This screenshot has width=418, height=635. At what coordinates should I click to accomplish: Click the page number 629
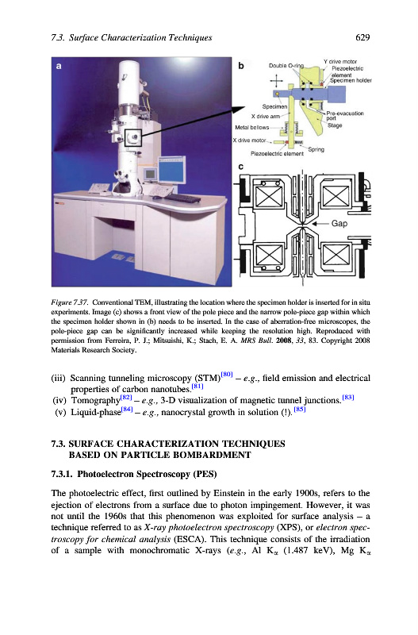click(362, 37)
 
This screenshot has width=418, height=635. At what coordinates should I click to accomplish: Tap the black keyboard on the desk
click(183, 198)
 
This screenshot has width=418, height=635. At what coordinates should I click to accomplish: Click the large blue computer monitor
click(172, 169)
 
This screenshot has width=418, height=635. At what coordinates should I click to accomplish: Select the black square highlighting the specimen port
click(133, 137)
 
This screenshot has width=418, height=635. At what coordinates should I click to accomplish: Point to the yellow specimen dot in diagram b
click(276, 94)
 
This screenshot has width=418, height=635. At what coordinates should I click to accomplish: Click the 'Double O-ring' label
click(286, 66)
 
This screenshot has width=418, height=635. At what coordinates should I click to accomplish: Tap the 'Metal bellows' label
click(252, 127)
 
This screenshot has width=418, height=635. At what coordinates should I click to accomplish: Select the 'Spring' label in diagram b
click(316, 149)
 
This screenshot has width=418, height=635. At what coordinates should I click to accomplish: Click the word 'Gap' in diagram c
click(339, 223)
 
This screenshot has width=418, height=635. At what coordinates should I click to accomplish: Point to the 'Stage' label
click(335, 125)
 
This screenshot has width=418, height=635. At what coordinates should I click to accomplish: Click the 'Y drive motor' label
click(340, 62)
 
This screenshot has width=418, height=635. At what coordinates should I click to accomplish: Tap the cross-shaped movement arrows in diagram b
click(276, 81)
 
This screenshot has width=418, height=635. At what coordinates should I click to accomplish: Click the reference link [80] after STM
click(227, 374)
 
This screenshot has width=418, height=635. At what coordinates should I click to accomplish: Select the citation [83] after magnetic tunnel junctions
click(348, 398)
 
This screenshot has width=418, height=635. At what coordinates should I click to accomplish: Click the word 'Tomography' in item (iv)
click(95, 401)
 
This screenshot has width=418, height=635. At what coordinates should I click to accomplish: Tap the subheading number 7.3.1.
click(62, 474)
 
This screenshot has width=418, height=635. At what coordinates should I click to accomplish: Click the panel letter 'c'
click(241, 167)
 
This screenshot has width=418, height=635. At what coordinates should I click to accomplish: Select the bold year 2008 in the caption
click(284, 341)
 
